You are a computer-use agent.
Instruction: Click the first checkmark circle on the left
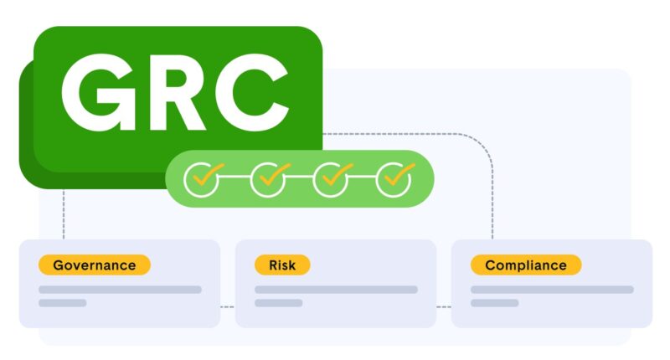coord(201,177)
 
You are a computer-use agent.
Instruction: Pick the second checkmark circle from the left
coord(268,177)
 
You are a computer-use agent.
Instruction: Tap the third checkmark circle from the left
coord(331,177)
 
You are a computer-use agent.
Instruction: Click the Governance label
coord(94,265)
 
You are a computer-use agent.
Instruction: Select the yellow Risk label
coord(282,265)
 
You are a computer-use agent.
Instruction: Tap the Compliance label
coord(526,265)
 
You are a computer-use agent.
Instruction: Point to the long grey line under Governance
coord(120,290)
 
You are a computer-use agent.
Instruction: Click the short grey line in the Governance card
coord(63,303)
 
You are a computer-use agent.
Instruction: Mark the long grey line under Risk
coord(336,290)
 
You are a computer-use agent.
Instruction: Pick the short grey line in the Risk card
coord(279,303)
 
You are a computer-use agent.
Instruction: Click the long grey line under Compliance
coord(552,290)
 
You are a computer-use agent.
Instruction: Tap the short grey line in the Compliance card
coord(495,303)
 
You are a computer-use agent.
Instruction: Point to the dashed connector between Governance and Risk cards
coord(228,306)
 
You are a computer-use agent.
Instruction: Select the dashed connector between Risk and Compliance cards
coord(444,306)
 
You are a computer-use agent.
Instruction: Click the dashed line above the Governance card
coord(64,213)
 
